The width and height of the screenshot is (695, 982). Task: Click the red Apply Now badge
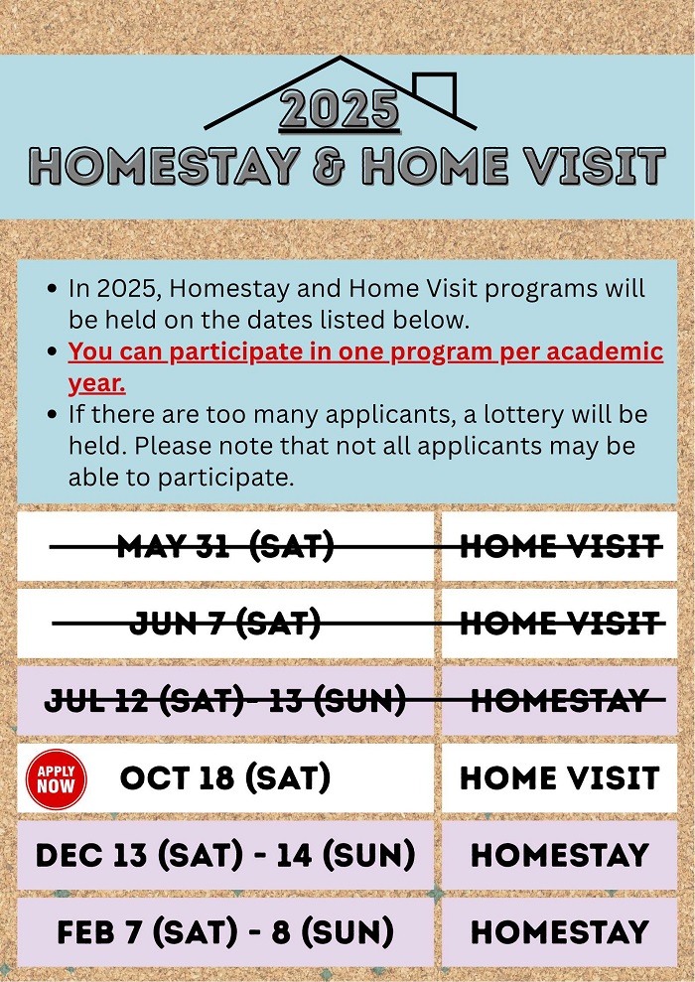point(56,779)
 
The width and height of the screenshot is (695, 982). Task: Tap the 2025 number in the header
point(340,109)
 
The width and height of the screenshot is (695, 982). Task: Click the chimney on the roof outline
point(435,91)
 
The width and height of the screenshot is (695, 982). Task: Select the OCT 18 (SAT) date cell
point(225,777)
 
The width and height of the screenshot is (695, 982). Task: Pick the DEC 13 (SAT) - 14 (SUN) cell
point(225,855)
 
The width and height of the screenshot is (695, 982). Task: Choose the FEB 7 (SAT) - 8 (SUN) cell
point(225,932)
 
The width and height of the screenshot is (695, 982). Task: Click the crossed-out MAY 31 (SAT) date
point(225,547)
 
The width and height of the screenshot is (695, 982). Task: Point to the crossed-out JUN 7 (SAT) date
point(225,624)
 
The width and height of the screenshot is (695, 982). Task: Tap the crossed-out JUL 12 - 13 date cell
point(225,701)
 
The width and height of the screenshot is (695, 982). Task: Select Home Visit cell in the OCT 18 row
point(560,777)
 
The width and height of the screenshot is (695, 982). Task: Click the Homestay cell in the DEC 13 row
point(560,855)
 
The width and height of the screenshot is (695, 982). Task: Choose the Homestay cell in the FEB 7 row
point(560,932)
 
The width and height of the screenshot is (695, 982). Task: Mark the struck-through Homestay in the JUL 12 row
point(560,701)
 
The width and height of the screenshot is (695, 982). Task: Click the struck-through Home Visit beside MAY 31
point(560,547)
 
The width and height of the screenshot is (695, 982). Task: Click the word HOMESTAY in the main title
point(164,167)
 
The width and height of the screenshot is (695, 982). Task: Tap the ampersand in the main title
point(330,167)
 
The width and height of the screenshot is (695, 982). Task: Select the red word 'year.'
point(97,384)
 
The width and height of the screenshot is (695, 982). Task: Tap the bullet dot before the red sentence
point(53,351)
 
